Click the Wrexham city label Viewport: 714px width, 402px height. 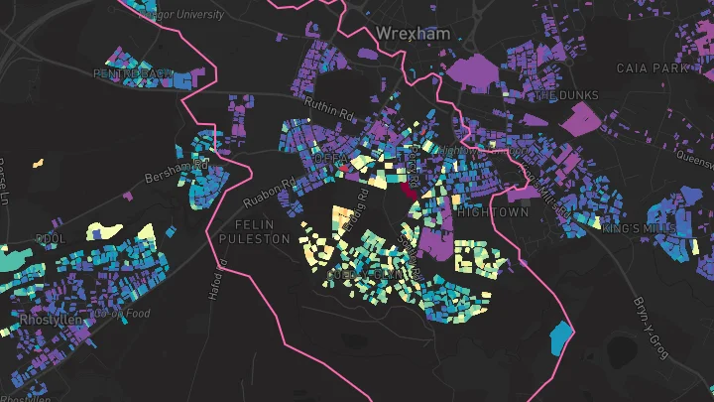coord(413,33)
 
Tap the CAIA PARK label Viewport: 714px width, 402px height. coord(652,68)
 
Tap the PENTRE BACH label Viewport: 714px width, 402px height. coord(134,73)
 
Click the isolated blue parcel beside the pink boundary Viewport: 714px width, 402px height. coord(561,337)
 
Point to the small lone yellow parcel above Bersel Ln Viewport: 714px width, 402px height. coord(39,162)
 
